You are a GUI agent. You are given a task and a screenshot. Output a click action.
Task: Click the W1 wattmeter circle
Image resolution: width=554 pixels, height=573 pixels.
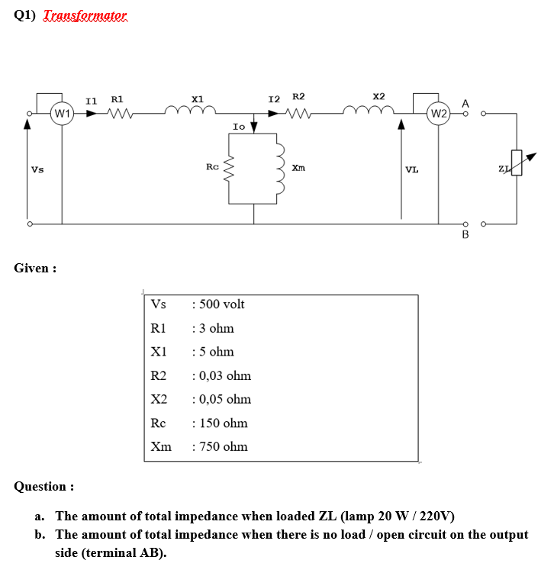click(62, 114)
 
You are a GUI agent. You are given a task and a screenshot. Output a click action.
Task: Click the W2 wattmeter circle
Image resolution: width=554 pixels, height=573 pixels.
click(438, 114)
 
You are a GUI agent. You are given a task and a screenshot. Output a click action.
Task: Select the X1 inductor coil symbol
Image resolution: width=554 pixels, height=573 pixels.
click(198, 112)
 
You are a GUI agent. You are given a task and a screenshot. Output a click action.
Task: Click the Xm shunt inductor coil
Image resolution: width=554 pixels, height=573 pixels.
click(280, 169)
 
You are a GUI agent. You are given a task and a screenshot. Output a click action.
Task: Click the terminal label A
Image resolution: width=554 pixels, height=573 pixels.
click(465, 102)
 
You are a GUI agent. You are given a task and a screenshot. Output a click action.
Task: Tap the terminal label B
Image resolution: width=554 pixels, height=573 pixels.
click(465, 235)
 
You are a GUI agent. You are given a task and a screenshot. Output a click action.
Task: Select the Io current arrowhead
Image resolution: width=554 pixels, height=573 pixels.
click(254, 127)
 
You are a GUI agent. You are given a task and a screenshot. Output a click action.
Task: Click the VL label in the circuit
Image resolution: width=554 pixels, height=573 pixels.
click(411, 169)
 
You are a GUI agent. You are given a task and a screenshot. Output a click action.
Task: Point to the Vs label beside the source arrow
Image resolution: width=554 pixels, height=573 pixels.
click(37, 169)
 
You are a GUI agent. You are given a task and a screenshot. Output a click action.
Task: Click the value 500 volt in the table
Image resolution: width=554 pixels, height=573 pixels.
click(221, 304)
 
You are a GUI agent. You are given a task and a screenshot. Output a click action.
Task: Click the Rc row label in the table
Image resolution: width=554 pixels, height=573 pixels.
click(158, 423)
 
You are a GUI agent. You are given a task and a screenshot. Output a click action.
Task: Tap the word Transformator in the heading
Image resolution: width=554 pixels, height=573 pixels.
click(85, 16)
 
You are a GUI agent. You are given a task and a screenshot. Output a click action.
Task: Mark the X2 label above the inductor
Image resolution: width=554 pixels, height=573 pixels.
click(378, 96)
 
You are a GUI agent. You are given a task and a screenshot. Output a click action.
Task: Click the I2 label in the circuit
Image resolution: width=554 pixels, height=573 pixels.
click(275, 99)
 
